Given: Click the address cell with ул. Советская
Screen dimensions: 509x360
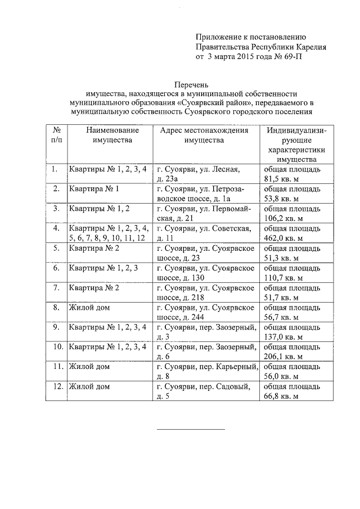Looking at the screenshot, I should point(205,233).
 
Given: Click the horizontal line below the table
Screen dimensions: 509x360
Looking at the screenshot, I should point(190,430).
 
